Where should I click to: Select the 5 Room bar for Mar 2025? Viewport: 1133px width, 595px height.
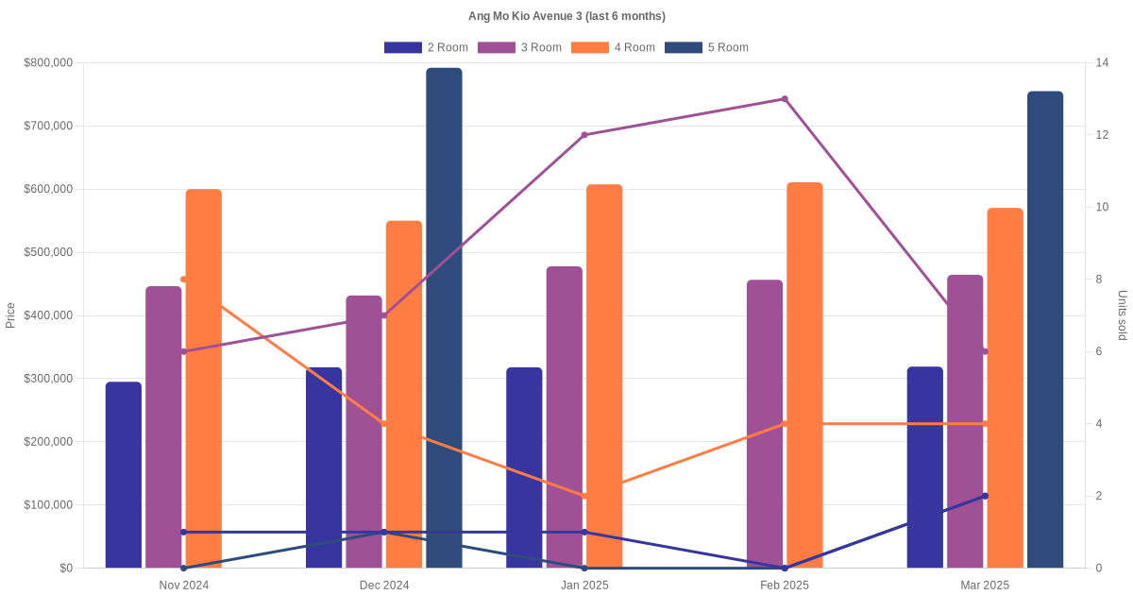1045,330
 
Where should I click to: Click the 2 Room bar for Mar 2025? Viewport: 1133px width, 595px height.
925,467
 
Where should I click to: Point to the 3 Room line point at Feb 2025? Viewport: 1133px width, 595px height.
785,99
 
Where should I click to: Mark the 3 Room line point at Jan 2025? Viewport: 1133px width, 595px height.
584,135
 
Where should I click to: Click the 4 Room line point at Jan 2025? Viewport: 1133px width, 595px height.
584,496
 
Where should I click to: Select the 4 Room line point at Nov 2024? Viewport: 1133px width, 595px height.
184,280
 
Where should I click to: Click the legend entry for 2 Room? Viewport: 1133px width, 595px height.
426,47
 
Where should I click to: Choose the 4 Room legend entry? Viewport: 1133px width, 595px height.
613,47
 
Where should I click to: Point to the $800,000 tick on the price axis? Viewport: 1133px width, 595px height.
48,63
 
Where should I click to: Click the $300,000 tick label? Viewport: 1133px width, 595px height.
48,379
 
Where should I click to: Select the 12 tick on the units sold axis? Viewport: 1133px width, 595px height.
1101,135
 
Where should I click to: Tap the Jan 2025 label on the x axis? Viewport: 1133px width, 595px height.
584,586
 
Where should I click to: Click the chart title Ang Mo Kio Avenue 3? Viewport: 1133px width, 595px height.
566,16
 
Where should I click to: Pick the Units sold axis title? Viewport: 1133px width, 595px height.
1123,315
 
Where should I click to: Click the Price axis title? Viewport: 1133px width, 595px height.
10,315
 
